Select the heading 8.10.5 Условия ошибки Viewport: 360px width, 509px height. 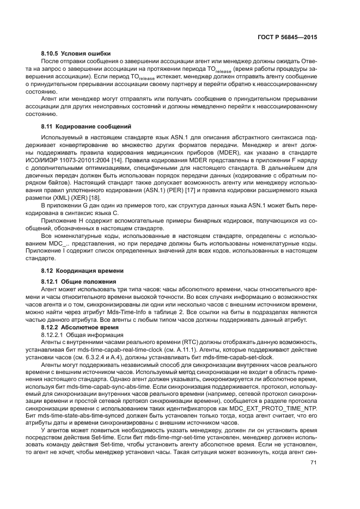pyautogui.click(x=76, y=53)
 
